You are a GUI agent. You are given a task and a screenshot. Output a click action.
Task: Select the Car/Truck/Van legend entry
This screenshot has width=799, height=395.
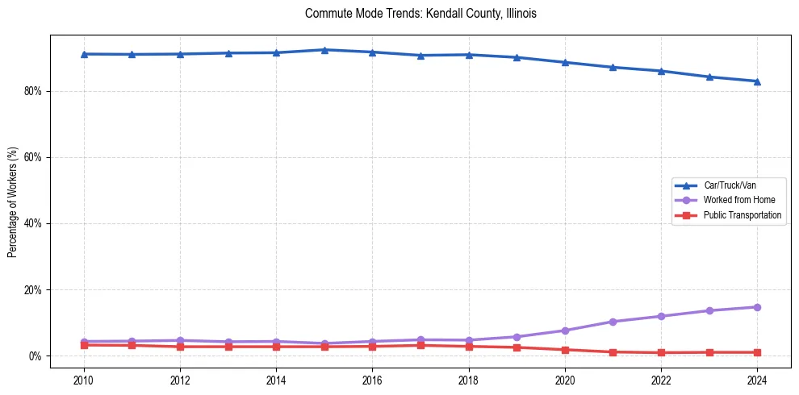point(729,185)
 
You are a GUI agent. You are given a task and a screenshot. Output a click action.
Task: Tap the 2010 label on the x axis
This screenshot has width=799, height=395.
point(83,379)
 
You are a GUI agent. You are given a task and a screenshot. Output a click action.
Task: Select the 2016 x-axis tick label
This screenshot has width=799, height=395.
point(372,379)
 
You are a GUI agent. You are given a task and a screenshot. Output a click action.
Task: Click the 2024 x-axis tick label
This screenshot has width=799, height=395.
point(757,379)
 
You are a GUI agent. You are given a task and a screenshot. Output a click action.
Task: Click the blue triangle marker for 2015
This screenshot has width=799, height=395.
point(324,50)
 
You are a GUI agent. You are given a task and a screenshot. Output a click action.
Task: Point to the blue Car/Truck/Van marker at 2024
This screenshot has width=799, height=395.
point(757,81)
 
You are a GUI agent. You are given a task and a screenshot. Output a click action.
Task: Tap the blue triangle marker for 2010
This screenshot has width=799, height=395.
point(83,54)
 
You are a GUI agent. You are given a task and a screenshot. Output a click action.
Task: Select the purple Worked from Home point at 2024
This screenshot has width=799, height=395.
point(757,307)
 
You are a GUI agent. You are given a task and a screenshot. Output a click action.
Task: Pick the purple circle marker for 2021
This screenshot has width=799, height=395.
point(613,322)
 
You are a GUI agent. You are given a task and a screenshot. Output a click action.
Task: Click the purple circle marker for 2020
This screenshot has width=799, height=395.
point(565,331)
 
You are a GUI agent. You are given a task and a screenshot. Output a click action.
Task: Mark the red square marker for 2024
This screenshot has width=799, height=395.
point(757,352)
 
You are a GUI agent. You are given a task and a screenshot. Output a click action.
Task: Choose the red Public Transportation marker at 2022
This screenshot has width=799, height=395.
point(661,353)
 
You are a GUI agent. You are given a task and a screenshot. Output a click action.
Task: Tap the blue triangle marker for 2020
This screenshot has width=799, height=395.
point(565,62)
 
